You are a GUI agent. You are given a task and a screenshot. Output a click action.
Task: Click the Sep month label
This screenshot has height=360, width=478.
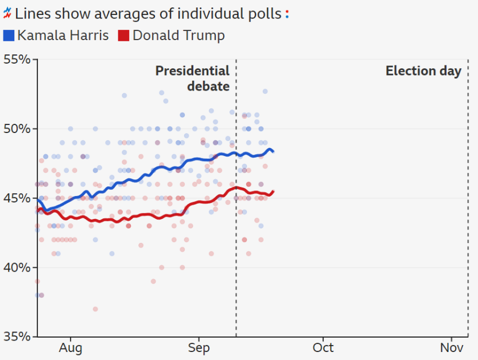coord(198,348)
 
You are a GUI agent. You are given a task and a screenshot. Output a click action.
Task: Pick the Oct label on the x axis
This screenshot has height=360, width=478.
coord(323,348)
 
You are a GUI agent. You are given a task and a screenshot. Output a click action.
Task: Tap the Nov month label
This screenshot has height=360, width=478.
coord(452,348)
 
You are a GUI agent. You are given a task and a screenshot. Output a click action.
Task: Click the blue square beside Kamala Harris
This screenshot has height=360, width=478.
coord(9,36)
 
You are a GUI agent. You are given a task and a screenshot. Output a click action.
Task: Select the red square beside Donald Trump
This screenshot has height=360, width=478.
coord(123,36)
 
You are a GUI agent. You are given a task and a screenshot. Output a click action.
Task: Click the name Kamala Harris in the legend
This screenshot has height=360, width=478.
coord(63,36)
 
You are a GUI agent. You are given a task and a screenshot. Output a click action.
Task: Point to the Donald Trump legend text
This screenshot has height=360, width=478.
coord(178,36)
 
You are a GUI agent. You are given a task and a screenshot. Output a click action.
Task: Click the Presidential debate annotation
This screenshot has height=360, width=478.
coord(193,79)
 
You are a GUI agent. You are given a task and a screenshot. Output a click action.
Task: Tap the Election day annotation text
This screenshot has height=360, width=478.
coord(423,71)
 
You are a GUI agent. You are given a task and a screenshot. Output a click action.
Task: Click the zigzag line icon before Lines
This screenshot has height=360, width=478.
coord(7,13)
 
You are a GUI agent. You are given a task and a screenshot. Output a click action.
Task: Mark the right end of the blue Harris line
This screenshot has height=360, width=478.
coord(273,151)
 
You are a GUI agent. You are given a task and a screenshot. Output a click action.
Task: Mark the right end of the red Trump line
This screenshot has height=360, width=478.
coord(273,191)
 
